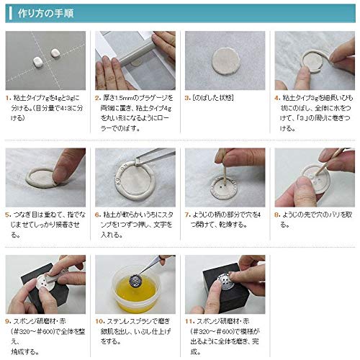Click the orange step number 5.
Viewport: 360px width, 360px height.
click(x=8, y=214)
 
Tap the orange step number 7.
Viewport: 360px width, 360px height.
click(x=188, y=214)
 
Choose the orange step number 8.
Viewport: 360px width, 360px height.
click(x=278, y=214)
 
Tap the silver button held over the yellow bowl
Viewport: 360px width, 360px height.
click(x=134, y=278)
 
